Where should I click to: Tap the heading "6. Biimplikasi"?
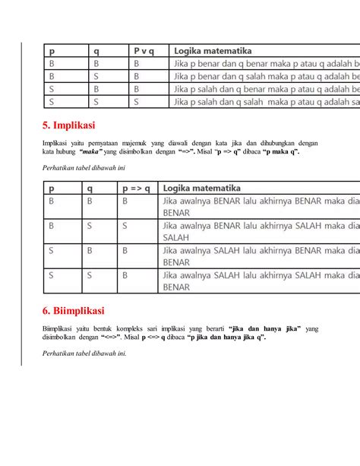74,311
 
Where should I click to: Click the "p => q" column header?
137,188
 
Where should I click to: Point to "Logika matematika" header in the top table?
213,51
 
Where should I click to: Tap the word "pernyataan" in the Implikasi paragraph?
96,143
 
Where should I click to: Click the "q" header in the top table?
96,51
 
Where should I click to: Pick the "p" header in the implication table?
52,188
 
